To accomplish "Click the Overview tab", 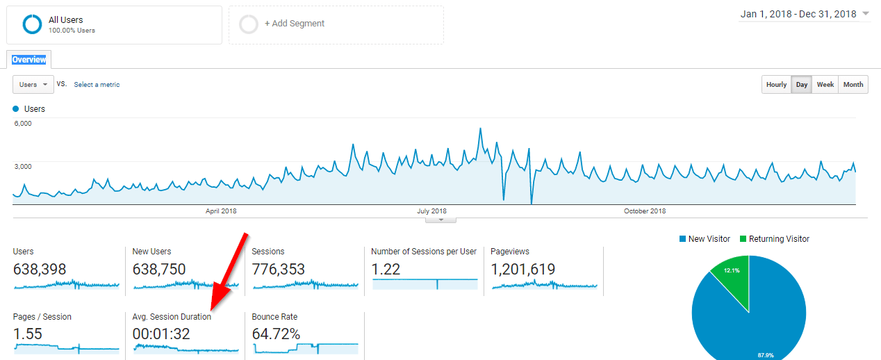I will [29, 60].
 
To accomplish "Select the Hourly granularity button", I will [776, 85].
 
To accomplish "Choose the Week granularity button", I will [825, 85].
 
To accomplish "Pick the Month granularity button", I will [853, 85].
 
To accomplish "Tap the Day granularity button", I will [802, 85].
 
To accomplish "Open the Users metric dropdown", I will [33, 85].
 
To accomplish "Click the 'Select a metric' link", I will [97, 85].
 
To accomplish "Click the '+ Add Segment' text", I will [295, 24].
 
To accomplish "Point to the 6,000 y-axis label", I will [23, 123].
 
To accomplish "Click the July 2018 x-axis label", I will [431, 211].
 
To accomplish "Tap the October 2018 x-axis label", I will [645, 211].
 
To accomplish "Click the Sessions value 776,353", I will [278, 269].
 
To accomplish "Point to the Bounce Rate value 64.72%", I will [276, 334].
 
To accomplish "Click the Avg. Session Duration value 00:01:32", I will [161, 334].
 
